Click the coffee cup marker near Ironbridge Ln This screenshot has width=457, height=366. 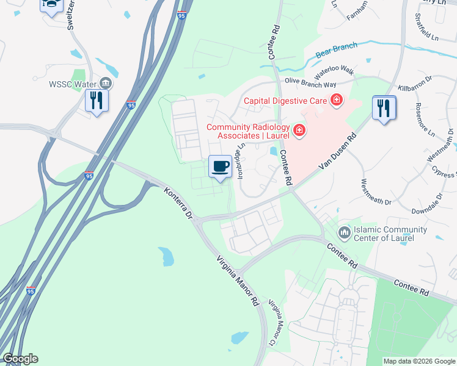tap(220, 166)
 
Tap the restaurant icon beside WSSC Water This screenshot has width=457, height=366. tap(97, 99)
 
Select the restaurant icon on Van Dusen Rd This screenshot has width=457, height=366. tap(384, 108)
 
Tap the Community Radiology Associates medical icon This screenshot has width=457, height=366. tap(299, 129)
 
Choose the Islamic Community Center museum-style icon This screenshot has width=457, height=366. tap(344, 232)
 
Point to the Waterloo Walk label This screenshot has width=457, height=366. tap(334, 72)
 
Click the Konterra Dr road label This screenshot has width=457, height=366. tap(178, 204)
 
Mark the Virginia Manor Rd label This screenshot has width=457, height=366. tap(238, 281)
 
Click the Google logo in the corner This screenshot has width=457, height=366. tap(20, 359)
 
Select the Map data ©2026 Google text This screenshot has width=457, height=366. tap(419, 361)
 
